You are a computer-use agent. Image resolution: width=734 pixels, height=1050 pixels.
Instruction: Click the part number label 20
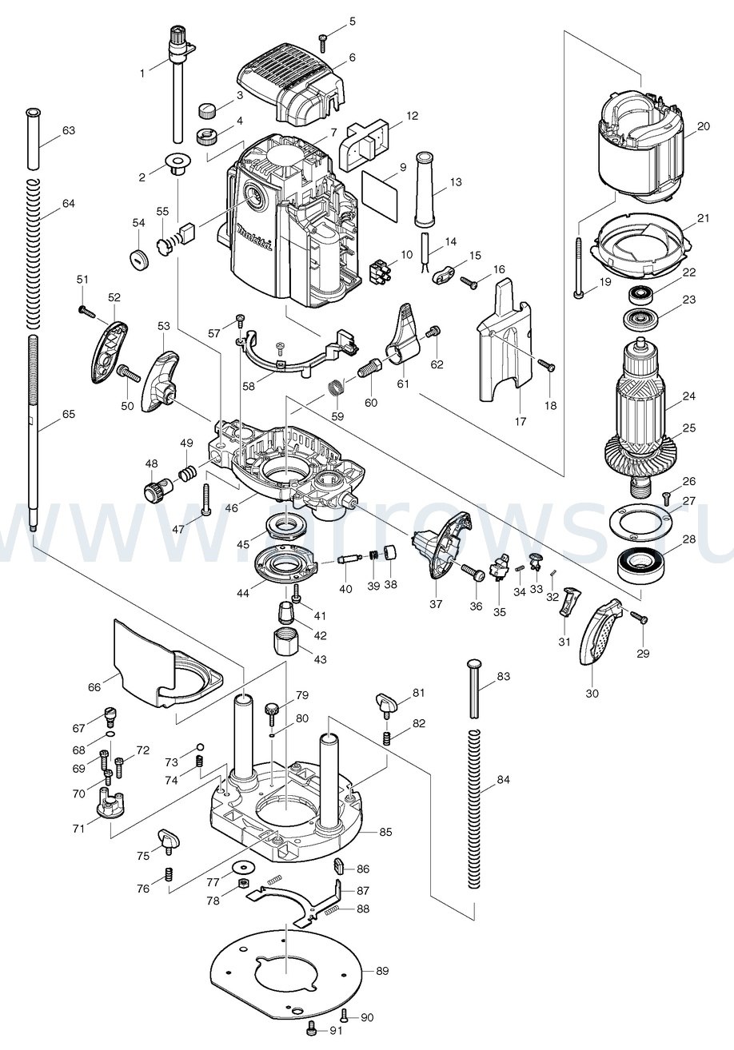coord(703,126)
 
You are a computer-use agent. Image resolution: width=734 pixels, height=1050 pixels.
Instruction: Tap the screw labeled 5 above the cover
coord(323,37)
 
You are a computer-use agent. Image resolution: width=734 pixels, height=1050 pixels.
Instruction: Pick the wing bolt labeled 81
coord(388,704)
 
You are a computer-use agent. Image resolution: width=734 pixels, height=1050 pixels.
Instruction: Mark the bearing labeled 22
coord(642,293)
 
